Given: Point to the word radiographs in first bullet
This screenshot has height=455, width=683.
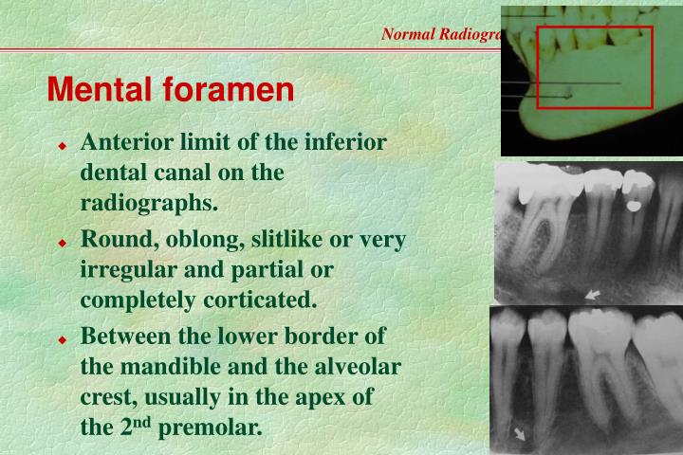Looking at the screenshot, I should click(x=149, y=205).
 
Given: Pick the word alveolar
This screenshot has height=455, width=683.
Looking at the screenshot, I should click(x=356, y=366).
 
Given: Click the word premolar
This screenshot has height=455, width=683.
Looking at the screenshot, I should click(x=210, y=428).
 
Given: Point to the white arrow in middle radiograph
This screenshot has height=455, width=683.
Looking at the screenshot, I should click(x=593, y=296).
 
